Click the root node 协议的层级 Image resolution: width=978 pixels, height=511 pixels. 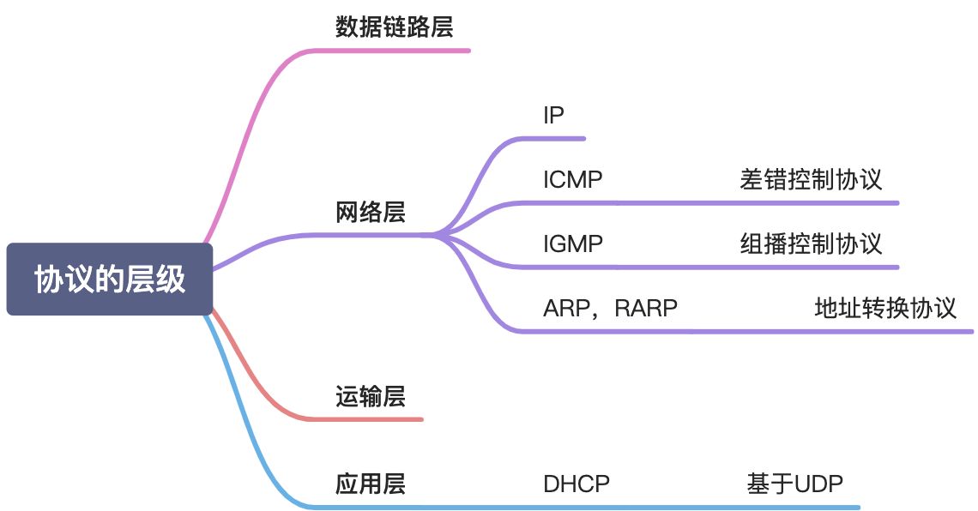click(109, 280)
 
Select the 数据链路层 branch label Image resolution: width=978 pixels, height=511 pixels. click(394, 27)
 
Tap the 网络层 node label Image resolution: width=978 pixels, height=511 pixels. click(370, 213)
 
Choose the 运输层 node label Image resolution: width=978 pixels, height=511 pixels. click(370, 397)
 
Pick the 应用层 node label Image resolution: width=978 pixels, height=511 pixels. click(370, 484)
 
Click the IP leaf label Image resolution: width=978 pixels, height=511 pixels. click(553, 116)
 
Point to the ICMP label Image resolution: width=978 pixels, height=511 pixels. click(572, 180)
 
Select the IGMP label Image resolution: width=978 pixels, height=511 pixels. click(573, 244)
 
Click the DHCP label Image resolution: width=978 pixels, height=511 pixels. click(576, 484)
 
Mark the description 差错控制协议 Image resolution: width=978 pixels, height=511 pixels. click(811, 180)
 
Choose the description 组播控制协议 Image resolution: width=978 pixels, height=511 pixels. click(811, 244)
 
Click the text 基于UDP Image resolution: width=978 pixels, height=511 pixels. click(794, 484)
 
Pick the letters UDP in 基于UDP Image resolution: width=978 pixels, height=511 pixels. click(818, 484)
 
